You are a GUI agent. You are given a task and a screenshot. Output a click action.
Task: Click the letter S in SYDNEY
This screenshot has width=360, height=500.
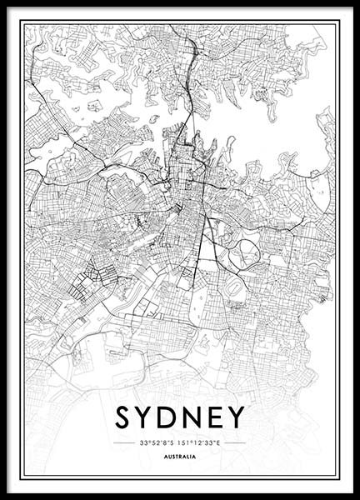click(x=123, y=417)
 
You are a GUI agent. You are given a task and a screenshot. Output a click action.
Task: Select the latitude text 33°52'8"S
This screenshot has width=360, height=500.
click(x=157, y=442)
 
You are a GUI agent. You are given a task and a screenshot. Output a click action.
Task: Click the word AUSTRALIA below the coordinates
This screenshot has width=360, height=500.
click(x=180, y=457)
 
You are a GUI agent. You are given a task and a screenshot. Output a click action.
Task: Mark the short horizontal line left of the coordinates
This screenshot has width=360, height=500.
click(x=124, y=442)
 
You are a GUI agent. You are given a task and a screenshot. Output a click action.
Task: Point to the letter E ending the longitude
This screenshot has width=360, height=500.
click(x=218, y=442)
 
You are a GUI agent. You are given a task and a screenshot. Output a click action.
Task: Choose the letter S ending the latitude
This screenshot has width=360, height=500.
click(x=172, y=442)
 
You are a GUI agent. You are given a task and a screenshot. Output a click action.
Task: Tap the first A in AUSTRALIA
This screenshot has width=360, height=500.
click(x=166, y=457)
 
